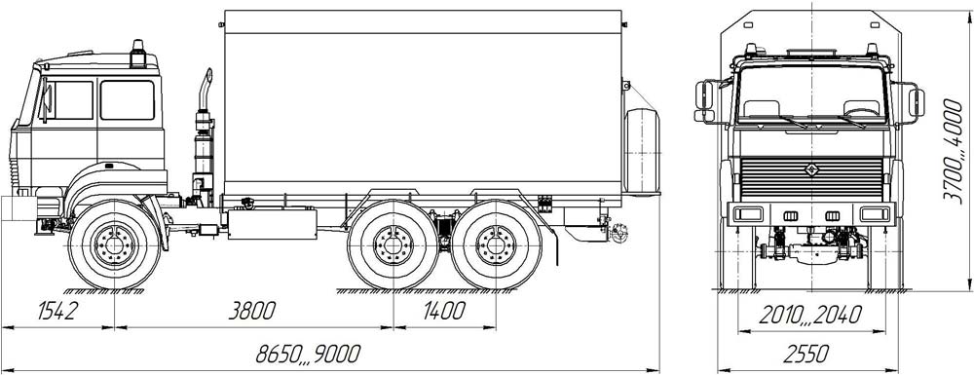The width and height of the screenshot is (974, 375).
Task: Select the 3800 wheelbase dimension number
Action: [251, 311]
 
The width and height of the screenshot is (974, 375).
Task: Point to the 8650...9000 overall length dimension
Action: [308, 354]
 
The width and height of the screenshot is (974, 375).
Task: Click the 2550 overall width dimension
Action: [805, 355]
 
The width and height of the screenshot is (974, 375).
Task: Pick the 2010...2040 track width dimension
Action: [810, 316]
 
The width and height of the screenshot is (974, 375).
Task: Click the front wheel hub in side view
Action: [114, 244]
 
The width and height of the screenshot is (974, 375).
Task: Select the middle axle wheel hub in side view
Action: [393, 244]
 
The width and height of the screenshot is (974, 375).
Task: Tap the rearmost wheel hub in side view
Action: [496, 244]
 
